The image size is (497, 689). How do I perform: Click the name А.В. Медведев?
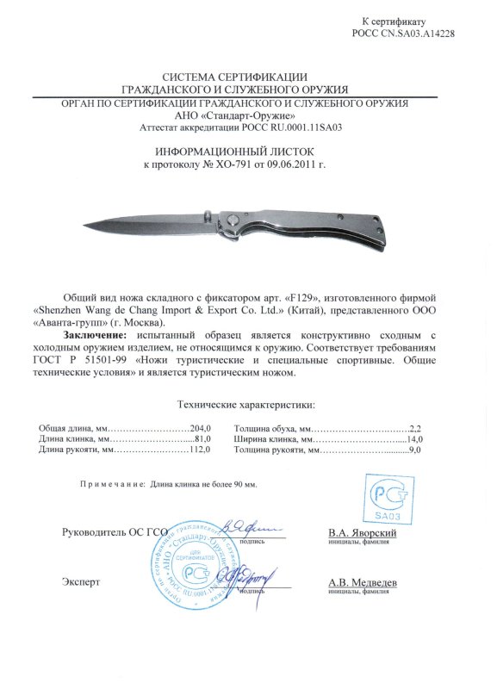point(363,582)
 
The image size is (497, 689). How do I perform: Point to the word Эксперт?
point(79,582)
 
